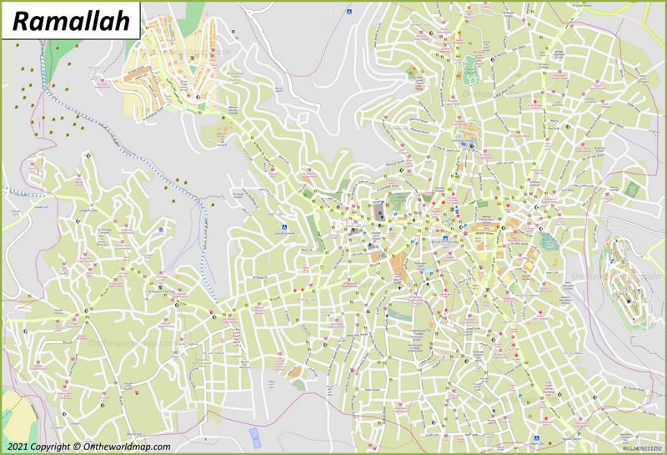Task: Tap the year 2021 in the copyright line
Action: (x=18, y=447)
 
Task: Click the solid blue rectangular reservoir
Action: (x=254, y=435)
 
